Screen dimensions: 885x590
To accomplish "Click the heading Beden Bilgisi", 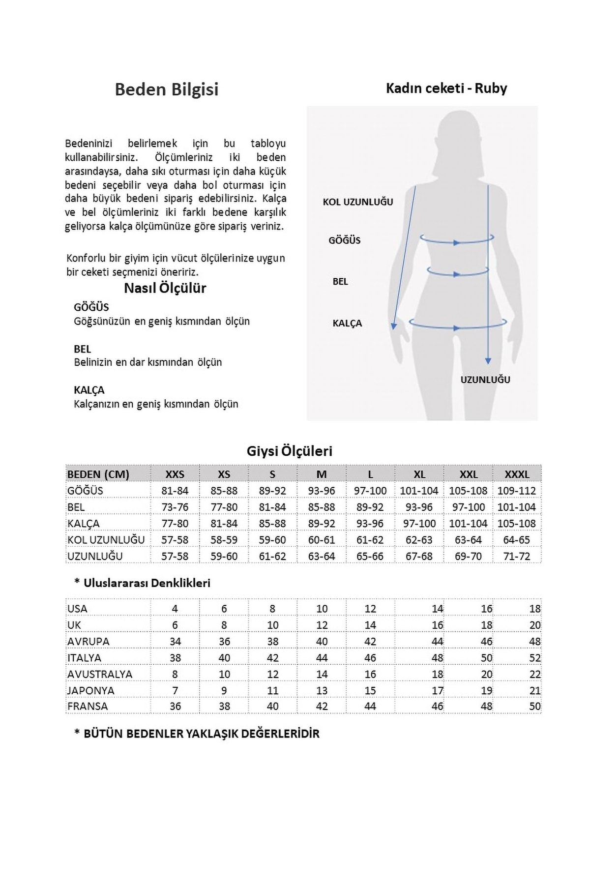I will [167, 89].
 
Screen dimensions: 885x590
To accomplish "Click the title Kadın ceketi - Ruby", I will [446, 88].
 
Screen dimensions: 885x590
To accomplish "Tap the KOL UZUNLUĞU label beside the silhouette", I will [358, 202].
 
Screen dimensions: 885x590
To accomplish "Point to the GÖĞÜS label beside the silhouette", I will [345, 240].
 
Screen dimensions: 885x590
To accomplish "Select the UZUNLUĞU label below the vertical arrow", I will [485, 380].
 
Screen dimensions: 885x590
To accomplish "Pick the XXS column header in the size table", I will [175, 474].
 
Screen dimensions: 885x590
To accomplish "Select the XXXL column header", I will [517, 474].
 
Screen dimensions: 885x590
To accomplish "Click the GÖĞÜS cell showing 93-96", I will [322, 491].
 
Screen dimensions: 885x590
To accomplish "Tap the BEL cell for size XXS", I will [175, 507].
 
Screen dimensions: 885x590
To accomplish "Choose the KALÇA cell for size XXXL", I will [517, 524].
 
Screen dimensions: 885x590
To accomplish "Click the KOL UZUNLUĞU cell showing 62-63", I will [419, 540].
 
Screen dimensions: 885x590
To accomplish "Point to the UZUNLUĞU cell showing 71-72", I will [517, 557].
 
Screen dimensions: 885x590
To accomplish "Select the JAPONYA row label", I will [91, 690].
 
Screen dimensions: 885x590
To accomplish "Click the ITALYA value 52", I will [534, 658].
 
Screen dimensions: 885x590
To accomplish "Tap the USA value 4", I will [175, 609].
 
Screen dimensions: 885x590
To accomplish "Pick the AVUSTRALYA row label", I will [100, 674].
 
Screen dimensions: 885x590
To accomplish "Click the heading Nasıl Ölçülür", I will [165, 288].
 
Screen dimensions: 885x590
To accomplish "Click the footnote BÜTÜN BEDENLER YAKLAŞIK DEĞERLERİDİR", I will [197, 734].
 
